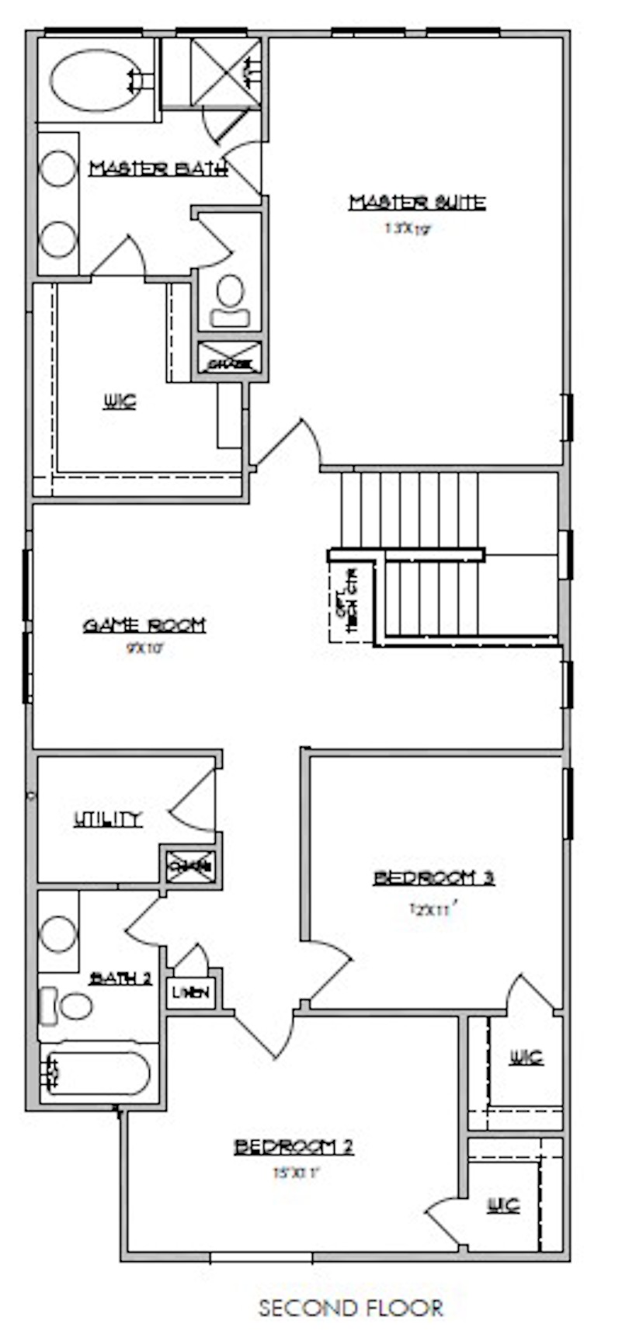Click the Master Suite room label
click(417, 203)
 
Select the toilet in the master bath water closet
click(230, 301)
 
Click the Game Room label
click(144, 625)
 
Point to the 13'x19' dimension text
click(406, 229)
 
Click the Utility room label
click(108, 819)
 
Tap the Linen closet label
click(191, 993)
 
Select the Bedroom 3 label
click(434, 878)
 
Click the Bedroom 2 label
click(294, 1147)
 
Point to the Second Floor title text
click(350, 1308)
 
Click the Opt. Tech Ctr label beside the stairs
click(346, 596)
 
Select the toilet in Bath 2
click(68, 1006)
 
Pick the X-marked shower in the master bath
click(226, 71)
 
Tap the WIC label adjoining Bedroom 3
click(526, 1058)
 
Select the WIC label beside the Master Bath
click(120, 401)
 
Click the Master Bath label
click(158, 169)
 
